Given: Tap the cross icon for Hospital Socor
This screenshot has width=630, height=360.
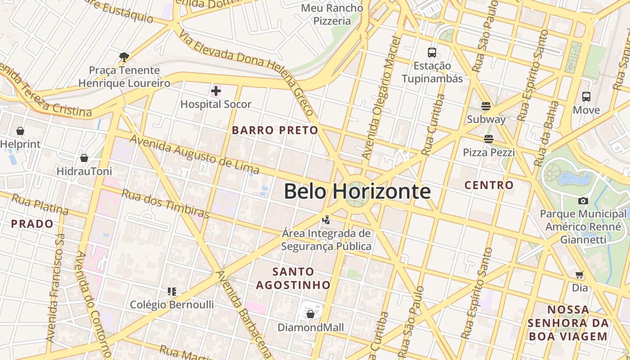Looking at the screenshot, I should tap(216, 91).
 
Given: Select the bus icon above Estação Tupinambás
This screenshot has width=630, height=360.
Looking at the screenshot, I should tap(432, 53).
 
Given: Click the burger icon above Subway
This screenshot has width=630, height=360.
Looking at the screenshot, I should tap(486, 106).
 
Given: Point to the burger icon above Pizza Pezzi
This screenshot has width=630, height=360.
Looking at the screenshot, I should tap(489, 139).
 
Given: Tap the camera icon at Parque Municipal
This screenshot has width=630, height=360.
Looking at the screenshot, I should tap(583, 201).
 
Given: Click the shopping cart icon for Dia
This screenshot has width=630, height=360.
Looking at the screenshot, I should tap(580, 274).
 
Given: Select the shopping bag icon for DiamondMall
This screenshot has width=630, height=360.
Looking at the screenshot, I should tap(310, 314).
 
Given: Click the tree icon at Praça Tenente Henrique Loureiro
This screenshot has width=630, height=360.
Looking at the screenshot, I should tap(124, 57).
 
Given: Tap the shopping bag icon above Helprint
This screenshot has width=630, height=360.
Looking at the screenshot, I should tap(20, 131).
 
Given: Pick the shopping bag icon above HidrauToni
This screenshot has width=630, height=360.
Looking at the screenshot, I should tap(84, 158).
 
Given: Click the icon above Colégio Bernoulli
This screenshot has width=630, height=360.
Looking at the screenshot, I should tap(171, 292).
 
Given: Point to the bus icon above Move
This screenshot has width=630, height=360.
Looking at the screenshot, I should tap(586, 96).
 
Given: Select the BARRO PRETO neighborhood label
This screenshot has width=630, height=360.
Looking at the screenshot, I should tap(274, 130).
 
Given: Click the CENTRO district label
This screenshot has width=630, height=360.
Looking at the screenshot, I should tap(489, 185).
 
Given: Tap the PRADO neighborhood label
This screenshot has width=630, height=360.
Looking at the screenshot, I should tap(32, 224).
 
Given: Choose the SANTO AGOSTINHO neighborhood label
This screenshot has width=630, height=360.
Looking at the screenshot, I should tap(293, 278).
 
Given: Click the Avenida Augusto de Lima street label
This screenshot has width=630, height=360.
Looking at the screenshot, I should tap(194, 154).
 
